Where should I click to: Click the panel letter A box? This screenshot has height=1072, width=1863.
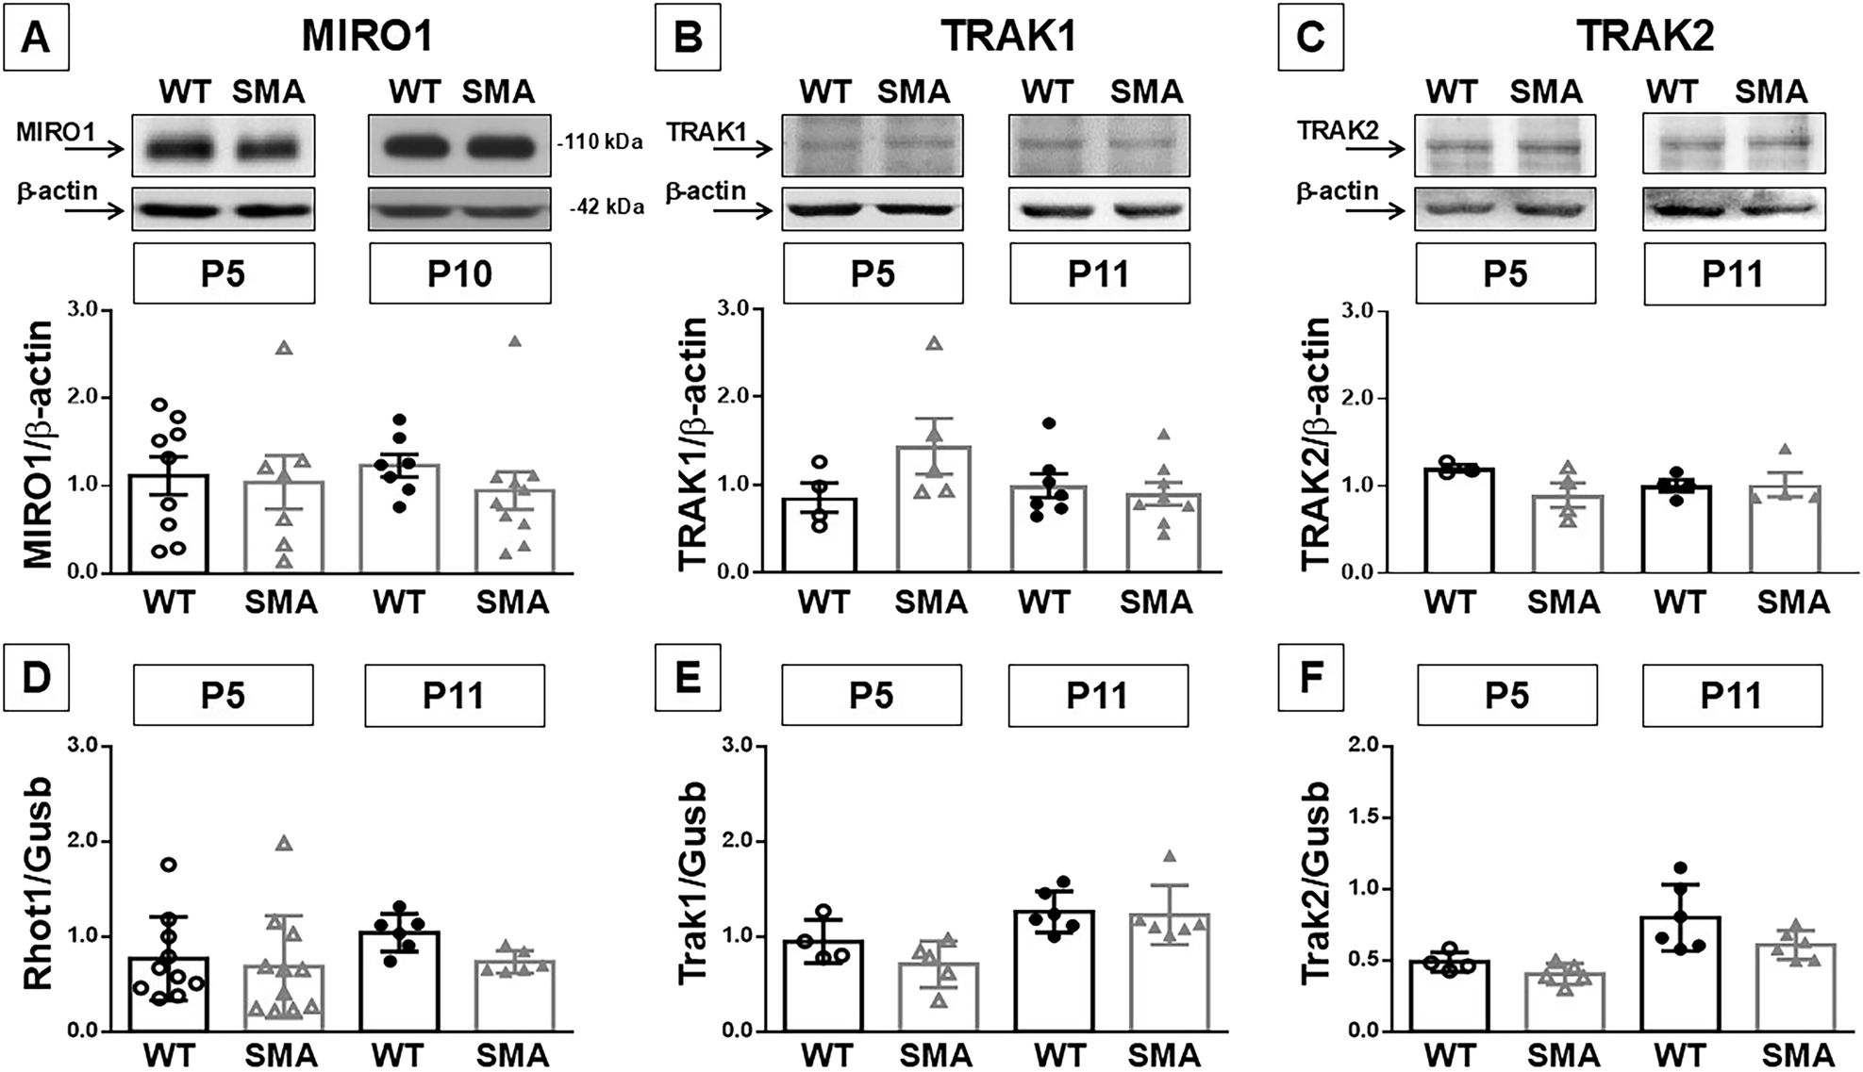(36, 39)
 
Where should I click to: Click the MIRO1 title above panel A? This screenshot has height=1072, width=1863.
(367, 36)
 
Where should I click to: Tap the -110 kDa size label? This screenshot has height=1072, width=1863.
(599, 142)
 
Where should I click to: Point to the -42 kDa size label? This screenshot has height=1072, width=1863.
(606, 206)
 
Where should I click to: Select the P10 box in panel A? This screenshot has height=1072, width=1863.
(459, 273)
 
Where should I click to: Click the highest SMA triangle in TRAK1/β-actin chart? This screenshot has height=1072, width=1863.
(934, 343)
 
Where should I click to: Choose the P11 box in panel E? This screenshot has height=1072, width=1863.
(1097, 695)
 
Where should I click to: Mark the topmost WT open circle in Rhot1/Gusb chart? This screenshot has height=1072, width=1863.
(169, 864)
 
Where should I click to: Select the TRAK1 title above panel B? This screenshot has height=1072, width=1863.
(1008, 36)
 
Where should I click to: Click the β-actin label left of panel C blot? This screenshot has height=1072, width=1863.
(1338, 191)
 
